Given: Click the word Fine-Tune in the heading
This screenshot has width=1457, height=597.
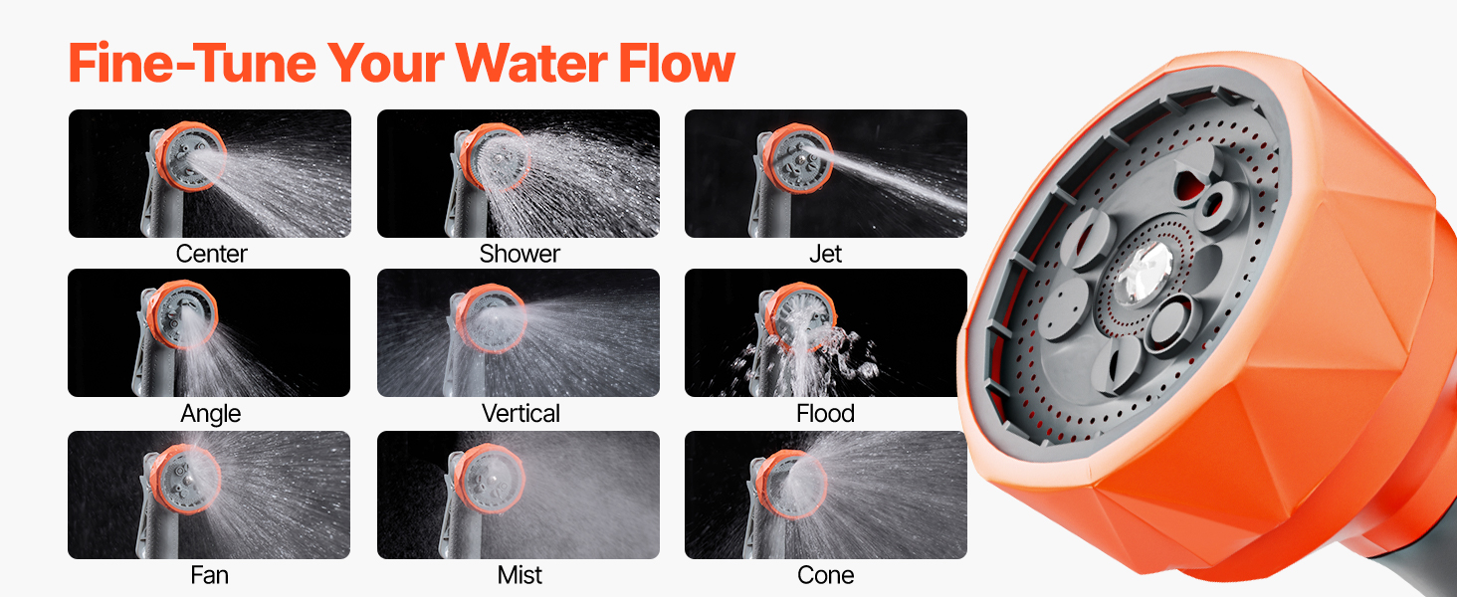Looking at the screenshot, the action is (x=192, y=63).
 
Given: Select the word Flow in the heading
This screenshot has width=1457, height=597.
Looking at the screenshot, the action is (x=677, y=63).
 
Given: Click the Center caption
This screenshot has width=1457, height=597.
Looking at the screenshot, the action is (x=211, y=254).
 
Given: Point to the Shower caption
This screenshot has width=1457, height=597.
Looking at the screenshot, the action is (x=520, y=254).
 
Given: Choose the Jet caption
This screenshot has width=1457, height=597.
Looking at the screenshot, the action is (x=825, y=254).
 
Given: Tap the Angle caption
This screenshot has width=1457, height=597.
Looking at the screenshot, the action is (x=211, y=414).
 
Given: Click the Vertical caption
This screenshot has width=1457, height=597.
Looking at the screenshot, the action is (x=520, y=414).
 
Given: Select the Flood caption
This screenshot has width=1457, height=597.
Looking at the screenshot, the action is (x=825, y=414).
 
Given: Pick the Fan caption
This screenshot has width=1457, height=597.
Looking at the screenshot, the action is (x=209, y=575).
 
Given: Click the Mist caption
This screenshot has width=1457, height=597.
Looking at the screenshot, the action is (x=520, y=575).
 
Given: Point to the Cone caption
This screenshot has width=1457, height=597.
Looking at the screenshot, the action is (x=825, y=575).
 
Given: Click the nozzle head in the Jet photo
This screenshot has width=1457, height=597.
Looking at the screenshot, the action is (x=797, y=158).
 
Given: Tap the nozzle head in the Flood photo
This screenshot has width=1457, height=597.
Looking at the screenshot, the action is (x=800, y=316).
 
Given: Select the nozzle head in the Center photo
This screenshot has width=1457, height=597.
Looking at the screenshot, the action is (x=190, y=156).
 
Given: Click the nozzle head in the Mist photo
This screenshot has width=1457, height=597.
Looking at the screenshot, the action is (x=489, y=478).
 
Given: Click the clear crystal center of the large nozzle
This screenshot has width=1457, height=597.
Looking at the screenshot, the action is (x=1145, y=274).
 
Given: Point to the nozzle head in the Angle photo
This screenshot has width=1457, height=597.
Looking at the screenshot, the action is (x=183, y=314).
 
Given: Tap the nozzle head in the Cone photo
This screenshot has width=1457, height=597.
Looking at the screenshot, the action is (x=792, y=484).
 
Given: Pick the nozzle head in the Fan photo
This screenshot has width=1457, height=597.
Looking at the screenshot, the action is (x=185, y=479).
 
